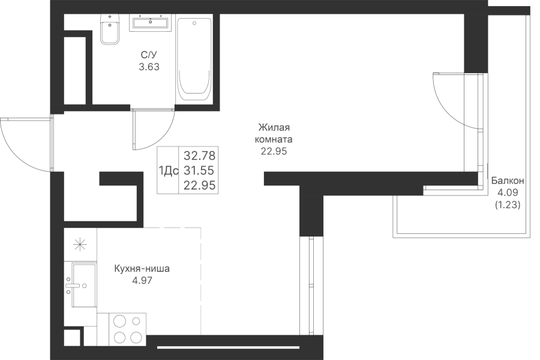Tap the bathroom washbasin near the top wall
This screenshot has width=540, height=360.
150,23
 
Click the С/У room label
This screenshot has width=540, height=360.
149,55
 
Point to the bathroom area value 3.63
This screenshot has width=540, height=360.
149,67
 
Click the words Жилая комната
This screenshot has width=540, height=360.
274,133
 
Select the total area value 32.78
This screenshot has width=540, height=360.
199,156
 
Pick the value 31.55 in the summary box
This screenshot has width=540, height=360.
199,170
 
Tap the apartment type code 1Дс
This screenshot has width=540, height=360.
169,170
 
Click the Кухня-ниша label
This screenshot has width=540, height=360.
142,269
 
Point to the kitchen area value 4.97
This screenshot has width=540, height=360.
142,281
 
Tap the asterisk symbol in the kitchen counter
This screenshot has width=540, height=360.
80,245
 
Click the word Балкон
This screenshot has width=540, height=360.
508,181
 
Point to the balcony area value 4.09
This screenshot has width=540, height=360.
508,193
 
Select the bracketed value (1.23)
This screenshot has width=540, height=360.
508,205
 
